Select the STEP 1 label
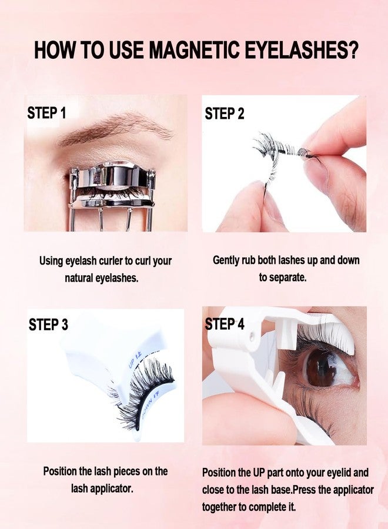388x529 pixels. point(46,113)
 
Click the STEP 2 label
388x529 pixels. point(225,114)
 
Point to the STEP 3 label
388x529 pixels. point(48,324)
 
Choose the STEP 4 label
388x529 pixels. point(225,324)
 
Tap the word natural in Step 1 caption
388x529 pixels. point(79,277)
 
